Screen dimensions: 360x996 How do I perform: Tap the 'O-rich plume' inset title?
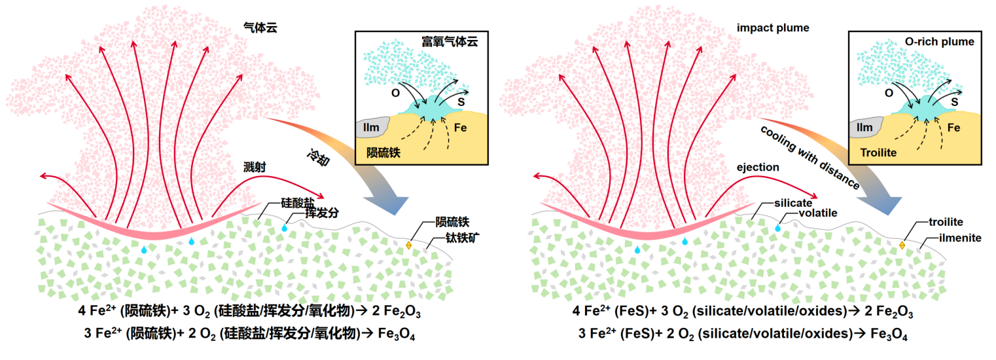coord(940,42)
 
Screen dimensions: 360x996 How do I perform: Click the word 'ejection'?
coord(757,168)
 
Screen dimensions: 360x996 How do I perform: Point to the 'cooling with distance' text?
coord(809,156)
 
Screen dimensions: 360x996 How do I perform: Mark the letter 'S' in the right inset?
coord(954,101)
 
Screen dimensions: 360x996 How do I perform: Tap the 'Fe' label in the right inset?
coord(953,128)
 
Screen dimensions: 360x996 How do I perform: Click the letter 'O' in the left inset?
coord(395,93)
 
